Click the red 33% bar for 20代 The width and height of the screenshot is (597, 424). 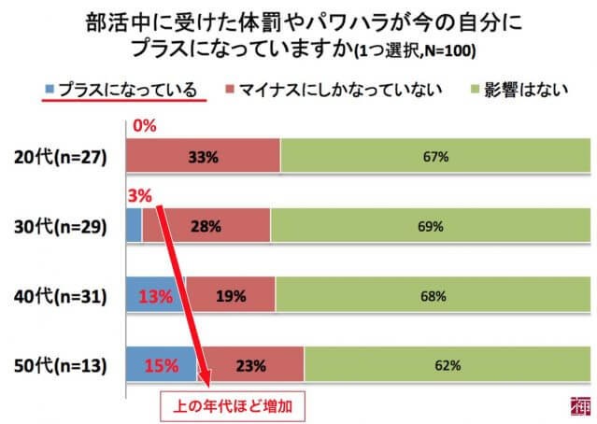coord(203,156)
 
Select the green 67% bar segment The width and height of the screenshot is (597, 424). coord(435,156)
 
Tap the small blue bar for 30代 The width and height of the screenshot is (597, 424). coord(133,226)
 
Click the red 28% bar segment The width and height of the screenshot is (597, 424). coord(206,226)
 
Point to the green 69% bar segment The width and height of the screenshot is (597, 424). coord(431,226)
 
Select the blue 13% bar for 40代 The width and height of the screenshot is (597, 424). coord(155,296)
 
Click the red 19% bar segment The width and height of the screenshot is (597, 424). coord(231,296)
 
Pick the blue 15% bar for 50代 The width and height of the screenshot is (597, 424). coord(161,365)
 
